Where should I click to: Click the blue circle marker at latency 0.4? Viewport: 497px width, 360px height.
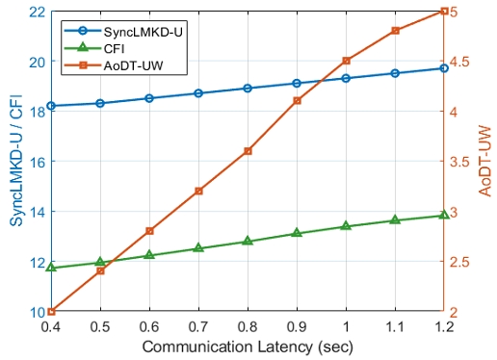(x=51, y=106)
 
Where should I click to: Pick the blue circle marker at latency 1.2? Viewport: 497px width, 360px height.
(x=444, y=68)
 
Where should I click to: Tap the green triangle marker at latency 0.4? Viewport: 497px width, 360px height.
(x=51, y=267)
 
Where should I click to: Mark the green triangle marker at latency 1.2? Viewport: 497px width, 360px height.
(x=444, y=215)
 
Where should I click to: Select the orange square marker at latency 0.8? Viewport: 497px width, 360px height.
(x=248, y=151)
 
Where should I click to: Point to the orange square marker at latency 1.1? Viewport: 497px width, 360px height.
(x=395, y=31)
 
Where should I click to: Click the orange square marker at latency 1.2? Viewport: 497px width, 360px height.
(x=444, y=11)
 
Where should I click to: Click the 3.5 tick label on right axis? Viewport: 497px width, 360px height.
(x=466, y=162)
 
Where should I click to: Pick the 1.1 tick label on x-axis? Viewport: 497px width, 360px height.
(x=395, y=327)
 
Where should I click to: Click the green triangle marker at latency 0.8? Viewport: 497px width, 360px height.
(x=248, y=241)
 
